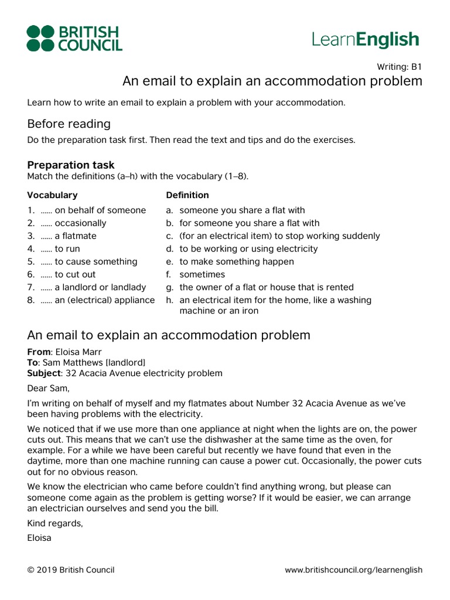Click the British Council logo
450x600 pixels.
[x=74, y=38]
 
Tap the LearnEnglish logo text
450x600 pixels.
[x=366, y=40]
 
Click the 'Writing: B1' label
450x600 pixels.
[x=400, y=67]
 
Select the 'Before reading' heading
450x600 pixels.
[x=69, y=124]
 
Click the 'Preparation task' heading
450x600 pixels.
[x=71, y=165]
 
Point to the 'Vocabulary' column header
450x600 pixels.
[x=52, y=195]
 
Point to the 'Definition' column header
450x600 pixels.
[x=187, y=195]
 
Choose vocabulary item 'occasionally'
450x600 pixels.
[x=80, y=223]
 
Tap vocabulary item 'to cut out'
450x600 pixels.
[x=75, y=275]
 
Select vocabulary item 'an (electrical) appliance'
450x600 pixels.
[x=105, y=301]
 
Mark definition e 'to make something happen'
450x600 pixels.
[x=237, y=262]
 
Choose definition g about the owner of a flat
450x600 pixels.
[x=266, y=288]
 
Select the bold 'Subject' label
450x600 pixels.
[x=44, y=373]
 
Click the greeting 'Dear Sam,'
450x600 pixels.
[x=48, y=388]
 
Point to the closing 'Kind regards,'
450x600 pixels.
[x=55, y=523]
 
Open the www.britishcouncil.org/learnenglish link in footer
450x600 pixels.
[x=353, y=570]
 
